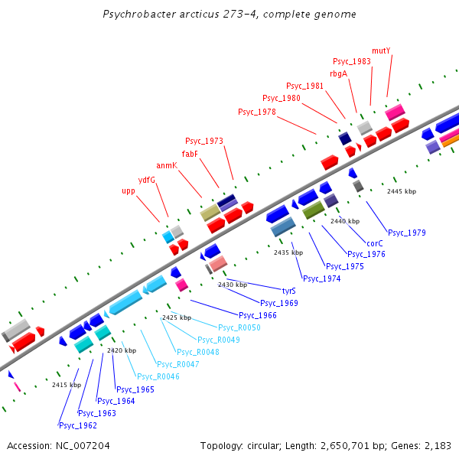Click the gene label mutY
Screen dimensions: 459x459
click(381, 51)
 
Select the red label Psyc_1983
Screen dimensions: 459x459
click(352, 61)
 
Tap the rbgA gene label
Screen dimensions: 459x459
click(338, 73)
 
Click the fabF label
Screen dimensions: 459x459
click(190, 153)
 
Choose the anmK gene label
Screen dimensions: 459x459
click(167, 165)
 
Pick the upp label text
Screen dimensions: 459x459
click(129, 190)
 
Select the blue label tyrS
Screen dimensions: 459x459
click(289, 291)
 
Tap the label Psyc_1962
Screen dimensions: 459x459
click(78, 425)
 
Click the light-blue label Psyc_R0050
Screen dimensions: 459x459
click(239, 327)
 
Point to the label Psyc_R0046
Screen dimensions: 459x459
click(158, 376)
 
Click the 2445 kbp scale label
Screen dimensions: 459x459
click(402, 191)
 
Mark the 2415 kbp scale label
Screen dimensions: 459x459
click(67, 385)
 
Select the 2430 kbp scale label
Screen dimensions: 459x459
click(233, 285)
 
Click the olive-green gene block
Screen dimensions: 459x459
click(314, 210)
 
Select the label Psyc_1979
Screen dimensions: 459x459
click(407, 233)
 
